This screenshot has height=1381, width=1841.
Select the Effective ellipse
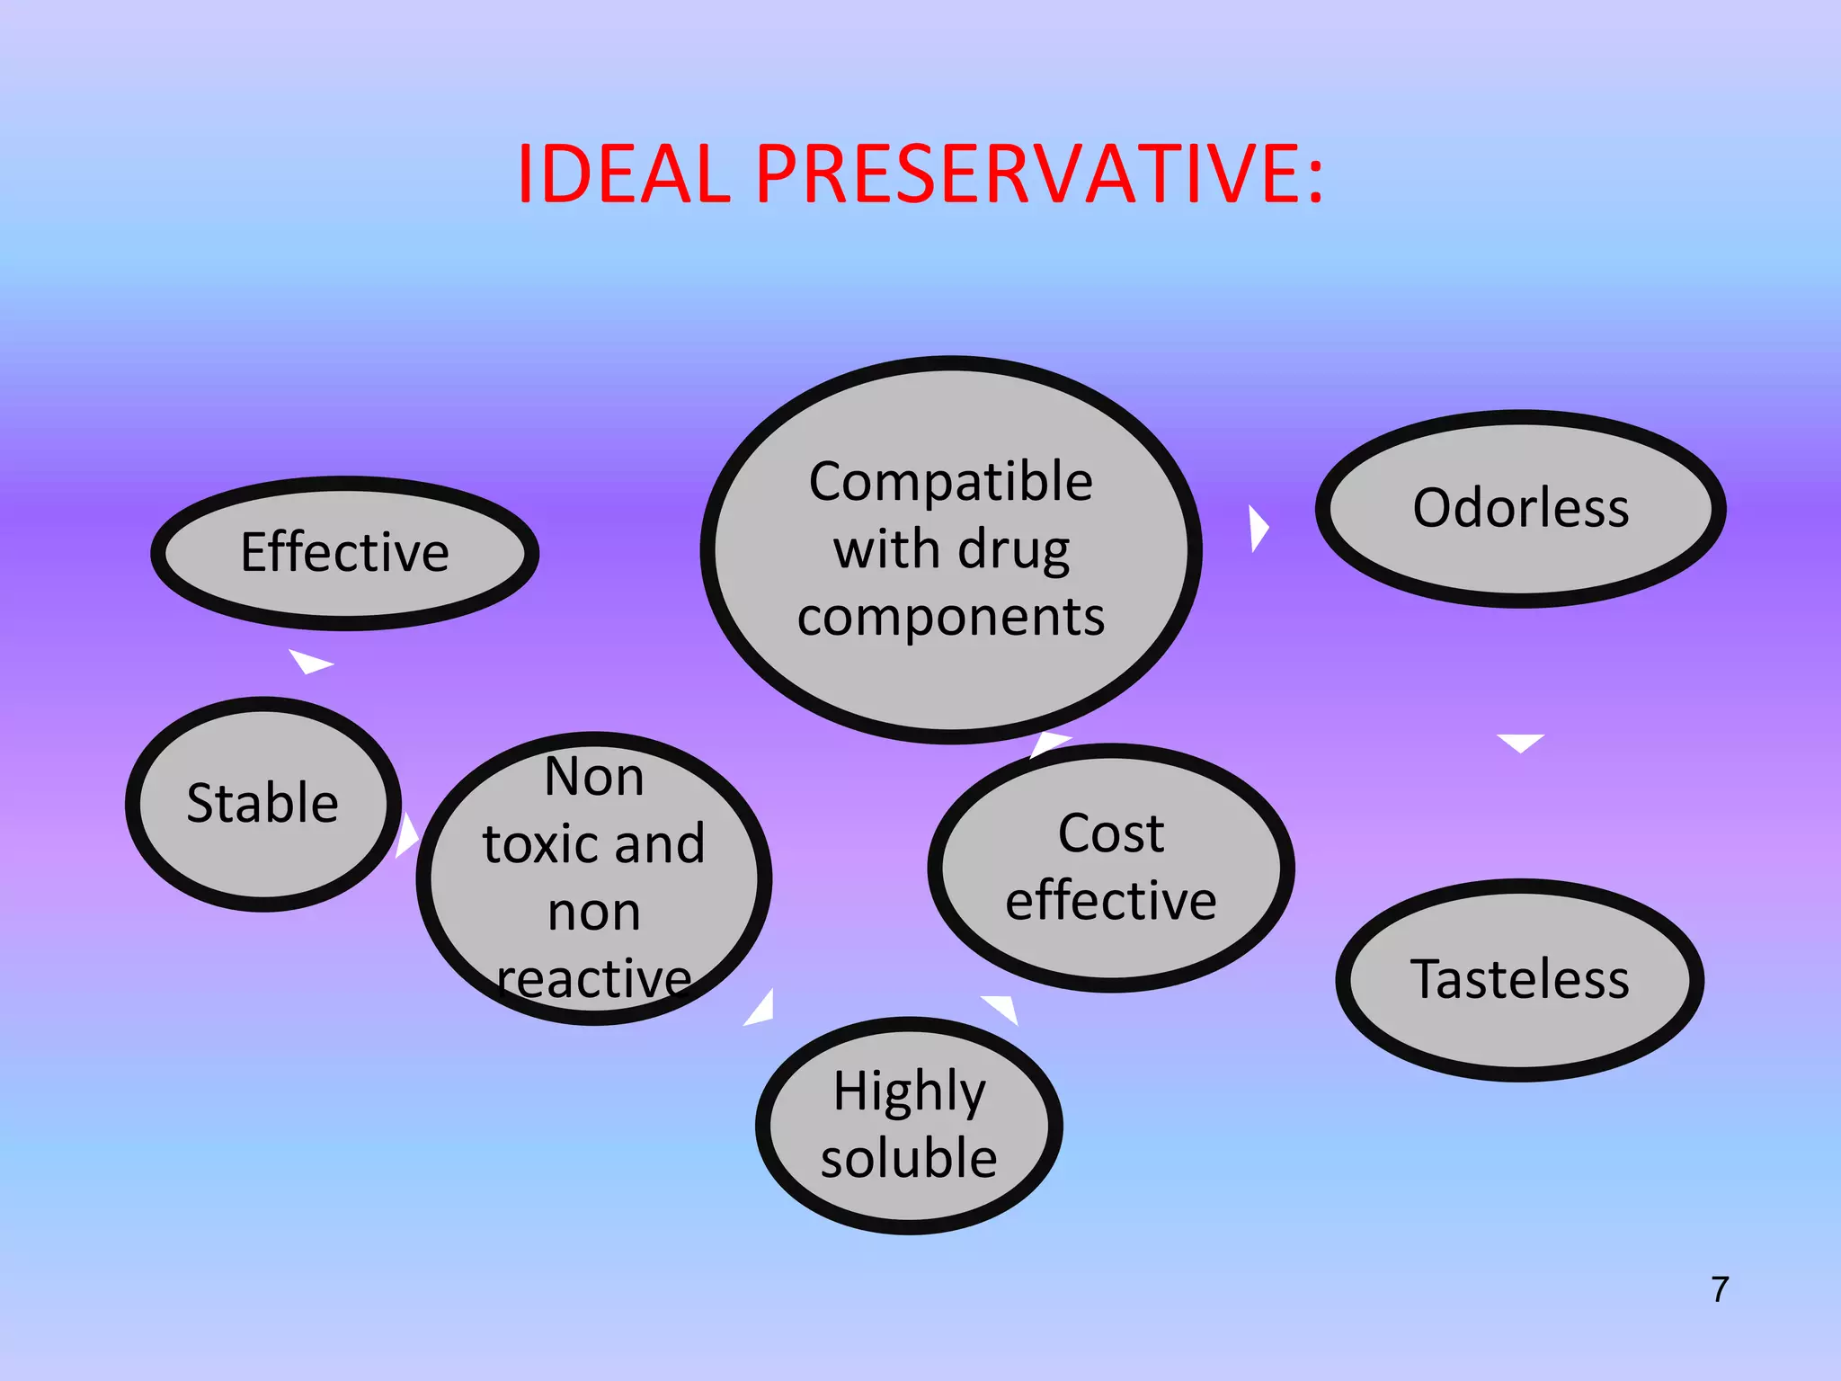[x=344, y=552]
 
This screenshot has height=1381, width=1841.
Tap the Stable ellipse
[x=262, y=803]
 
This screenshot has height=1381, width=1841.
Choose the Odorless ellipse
[x=1520, y=508]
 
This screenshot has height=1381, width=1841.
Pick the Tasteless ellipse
[x=1519, y=979]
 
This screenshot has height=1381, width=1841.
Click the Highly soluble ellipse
[x=909, y=1125]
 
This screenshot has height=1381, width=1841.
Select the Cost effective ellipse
[x=1111, y=868]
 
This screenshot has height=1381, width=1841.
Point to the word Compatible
[x=950, y=482]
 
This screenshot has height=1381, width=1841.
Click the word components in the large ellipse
[x=950, y=618]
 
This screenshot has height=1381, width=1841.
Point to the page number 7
[x=1720, y=1289]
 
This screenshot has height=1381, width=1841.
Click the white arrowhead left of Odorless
[x=1258, y=528]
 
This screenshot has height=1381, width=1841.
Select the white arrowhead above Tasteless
[x=1520, y=743]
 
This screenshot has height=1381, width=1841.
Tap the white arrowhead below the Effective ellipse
[x=309, y=662]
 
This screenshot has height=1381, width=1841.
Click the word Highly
[x=909, y=1091]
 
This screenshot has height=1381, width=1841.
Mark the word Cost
[x=1111, y=833]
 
